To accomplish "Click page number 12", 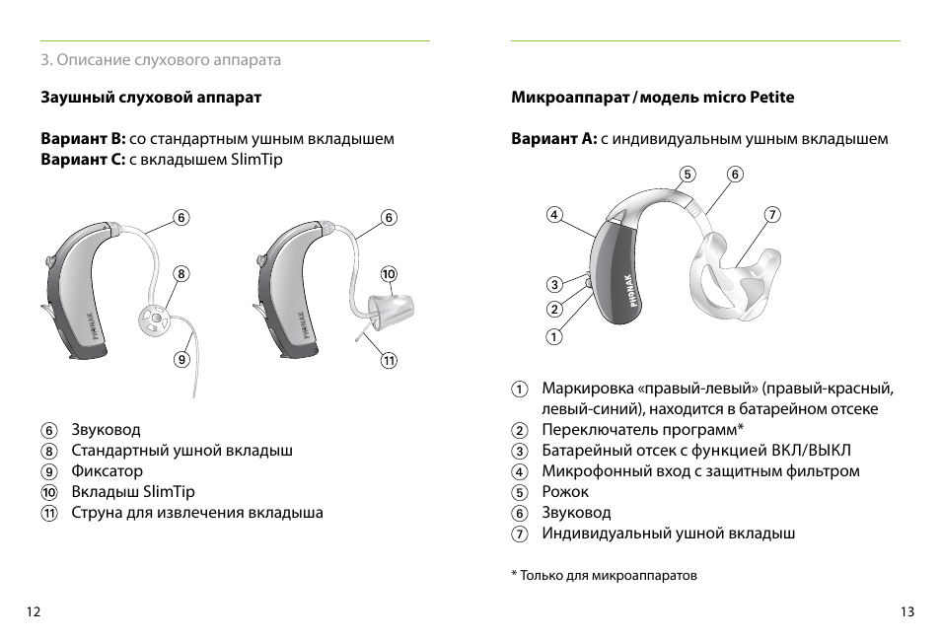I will point(34,612).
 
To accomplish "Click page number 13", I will point(907,612).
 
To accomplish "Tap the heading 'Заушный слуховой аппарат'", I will point(151,98).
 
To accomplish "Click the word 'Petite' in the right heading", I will point(771,98).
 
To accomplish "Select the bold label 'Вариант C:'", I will point(83,159).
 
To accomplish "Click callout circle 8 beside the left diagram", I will point(181,273).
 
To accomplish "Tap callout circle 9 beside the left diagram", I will point(181,359).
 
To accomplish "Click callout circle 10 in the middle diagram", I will point(389,273).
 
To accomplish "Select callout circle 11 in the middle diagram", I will point(389,360).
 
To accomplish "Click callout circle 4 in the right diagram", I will point(555,214).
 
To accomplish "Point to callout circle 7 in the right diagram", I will point(772,214).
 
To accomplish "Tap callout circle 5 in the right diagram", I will point(688,175).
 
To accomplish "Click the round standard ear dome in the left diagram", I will point(152,320).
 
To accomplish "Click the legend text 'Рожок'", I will point(565,492).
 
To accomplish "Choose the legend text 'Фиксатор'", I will point(107,471).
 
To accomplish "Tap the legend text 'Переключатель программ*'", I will point(642,430).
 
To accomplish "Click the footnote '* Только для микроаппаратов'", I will point(604,575).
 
